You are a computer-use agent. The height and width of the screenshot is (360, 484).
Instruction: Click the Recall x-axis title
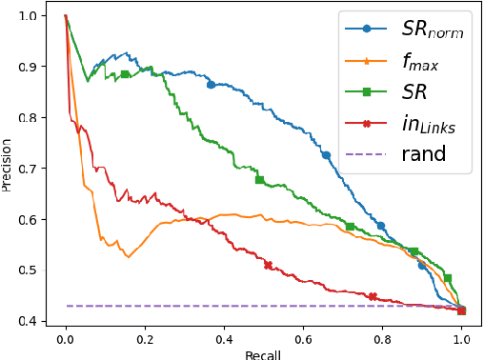[x=263, y=352]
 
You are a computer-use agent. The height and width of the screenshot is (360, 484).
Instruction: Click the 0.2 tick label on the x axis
[x=144, y=338]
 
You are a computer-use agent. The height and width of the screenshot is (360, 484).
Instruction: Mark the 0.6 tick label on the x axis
[x=303, y=338]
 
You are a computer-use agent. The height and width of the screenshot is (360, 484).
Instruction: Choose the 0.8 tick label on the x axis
[x=382, y=338]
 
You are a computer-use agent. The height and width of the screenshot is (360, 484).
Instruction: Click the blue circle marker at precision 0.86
[x=211, y=85]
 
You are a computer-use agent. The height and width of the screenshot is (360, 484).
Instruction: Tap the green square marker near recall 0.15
[x=125, y=74]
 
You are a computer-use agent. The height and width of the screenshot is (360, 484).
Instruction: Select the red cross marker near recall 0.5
[x=268, y=266]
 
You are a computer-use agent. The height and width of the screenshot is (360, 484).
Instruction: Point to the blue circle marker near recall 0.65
[x=326, y=154]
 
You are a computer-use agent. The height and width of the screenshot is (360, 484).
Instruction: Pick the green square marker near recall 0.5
[x=259, y=180]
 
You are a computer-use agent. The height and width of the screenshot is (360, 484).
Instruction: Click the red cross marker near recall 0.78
[x=373, y=296]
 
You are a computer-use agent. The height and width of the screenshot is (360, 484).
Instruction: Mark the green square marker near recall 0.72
[x=351, y=227]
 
